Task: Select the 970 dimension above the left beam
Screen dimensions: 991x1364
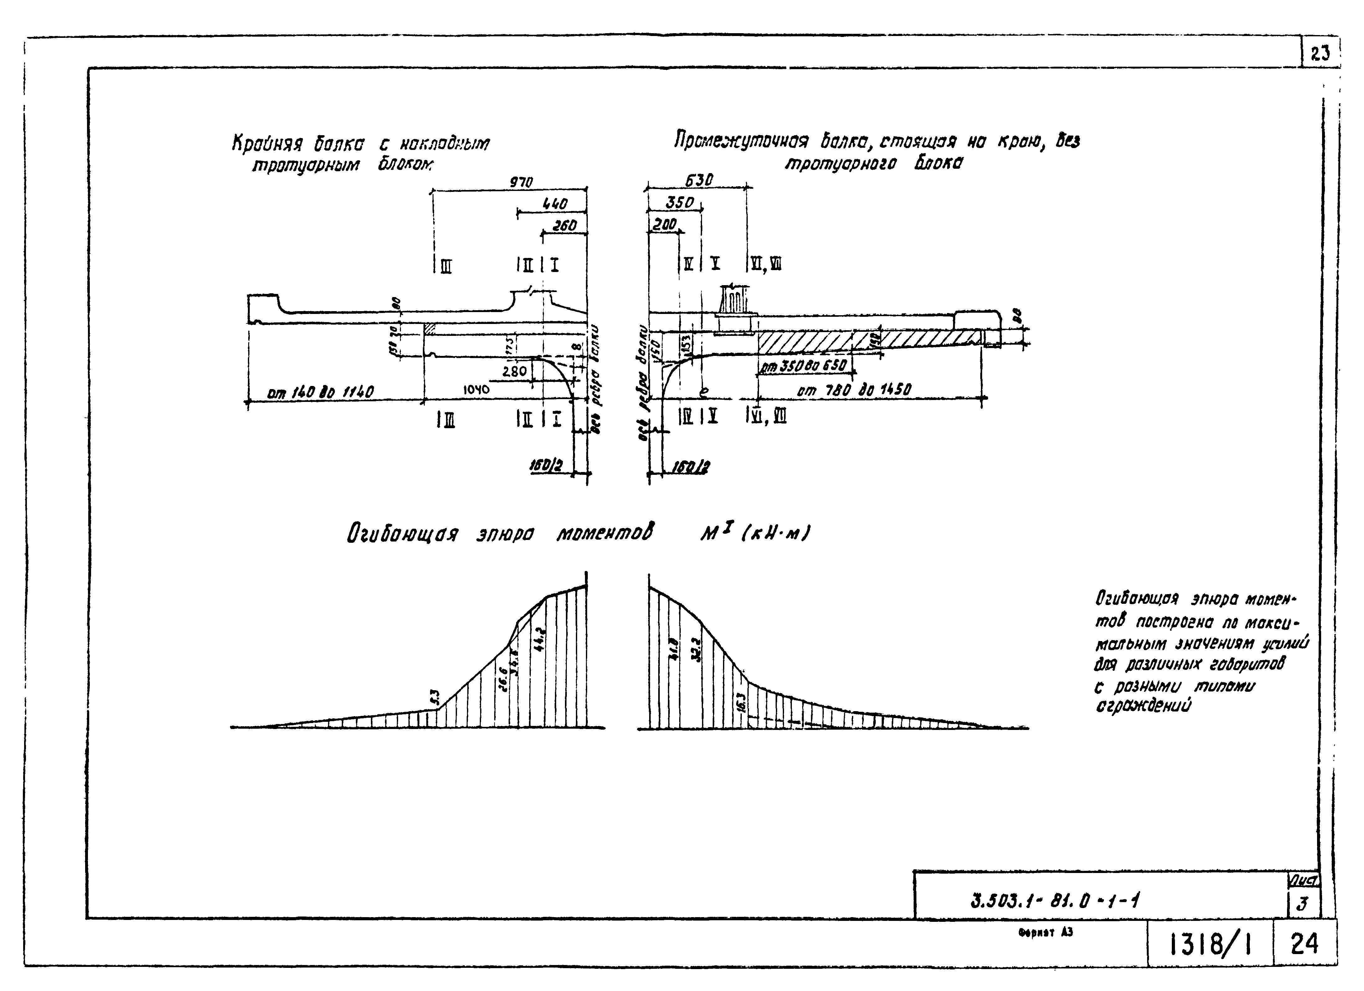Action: [x=521, y=182]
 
